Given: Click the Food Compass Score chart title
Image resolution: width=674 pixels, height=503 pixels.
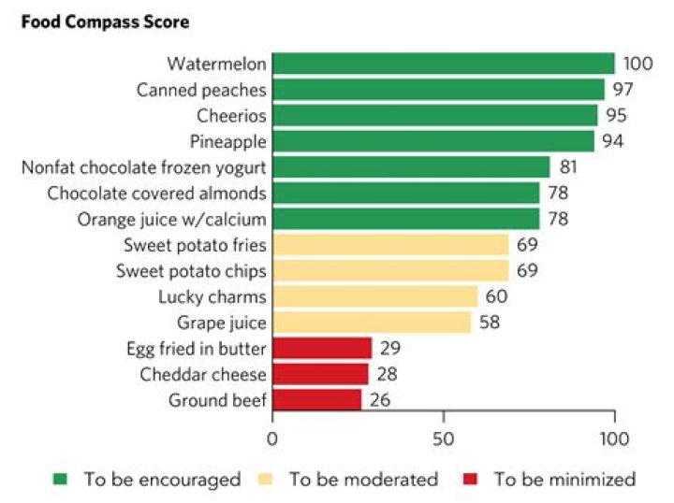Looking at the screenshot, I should [x=95, y=21].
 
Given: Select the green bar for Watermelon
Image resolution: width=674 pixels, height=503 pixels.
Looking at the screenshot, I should [x=443, y=64].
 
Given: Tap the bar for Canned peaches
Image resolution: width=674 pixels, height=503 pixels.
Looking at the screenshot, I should [x=438, y=90].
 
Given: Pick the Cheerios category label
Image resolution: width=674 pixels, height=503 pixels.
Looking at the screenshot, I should [x=231, y=116].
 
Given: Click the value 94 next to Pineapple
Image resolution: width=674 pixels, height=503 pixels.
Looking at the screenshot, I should [x=613, y=141].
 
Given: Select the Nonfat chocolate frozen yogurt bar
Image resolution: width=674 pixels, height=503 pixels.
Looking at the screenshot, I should [x=411, y=167].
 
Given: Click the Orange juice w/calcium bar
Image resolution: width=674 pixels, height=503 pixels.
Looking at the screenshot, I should [x=406, y=219].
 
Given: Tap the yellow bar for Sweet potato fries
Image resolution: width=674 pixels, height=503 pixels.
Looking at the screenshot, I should [x=390, y=245].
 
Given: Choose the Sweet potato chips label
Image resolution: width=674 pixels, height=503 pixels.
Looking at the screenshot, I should [x=191, y=271].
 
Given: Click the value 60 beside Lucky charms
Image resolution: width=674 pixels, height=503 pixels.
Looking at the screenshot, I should [x=496, y=296].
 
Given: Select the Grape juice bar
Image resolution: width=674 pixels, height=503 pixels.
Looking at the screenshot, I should [x=372, y=323].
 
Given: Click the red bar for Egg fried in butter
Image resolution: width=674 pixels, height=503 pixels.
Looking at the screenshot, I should [x=322, y=349].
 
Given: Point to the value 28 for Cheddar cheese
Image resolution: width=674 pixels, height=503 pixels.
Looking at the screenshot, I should [x=386, y=374].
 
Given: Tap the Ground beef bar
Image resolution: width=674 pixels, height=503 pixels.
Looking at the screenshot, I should [x=317, y=400].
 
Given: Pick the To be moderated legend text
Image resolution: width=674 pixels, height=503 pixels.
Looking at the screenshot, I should [x=363, y=480].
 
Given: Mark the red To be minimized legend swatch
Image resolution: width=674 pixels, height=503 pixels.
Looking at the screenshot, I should [x=470, y=480].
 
